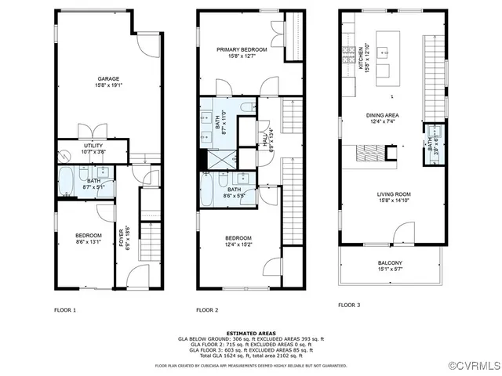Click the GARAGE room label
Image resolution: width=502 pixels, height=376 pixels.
[107, 80]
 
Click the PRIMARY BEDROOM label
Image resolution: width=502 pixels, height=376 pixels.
[242, 50]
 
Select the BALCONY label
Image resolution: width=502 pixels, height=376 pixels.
[389, 263]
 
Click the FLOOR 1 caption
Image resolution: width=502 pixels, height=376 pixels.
[65, 309]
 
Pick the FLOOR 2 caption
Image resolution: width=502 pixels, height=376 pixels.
[207, 309]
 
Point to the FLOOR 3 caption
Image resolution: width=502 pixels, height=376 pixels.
[349, 305]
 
